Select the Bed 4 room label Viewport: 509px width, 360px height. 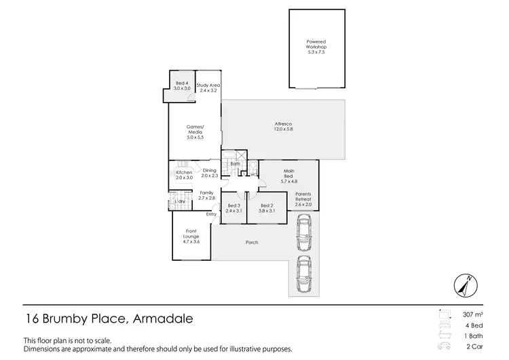181,86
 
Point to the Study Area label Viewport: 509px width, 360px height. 208,88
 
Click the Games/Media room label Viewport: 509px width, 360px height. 195,132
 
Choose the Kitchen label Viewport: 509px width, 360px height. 184,175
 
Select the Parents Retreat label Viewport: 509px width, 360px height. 303,198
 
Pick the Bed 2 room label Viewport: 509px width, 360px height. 267,208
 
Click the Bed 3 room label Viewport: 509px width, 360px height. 234,208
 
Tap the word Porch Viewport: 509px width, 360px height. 251,242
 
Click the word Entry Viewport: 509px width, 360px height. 211,215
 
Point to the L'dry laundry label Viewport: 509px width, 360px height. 181,201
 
